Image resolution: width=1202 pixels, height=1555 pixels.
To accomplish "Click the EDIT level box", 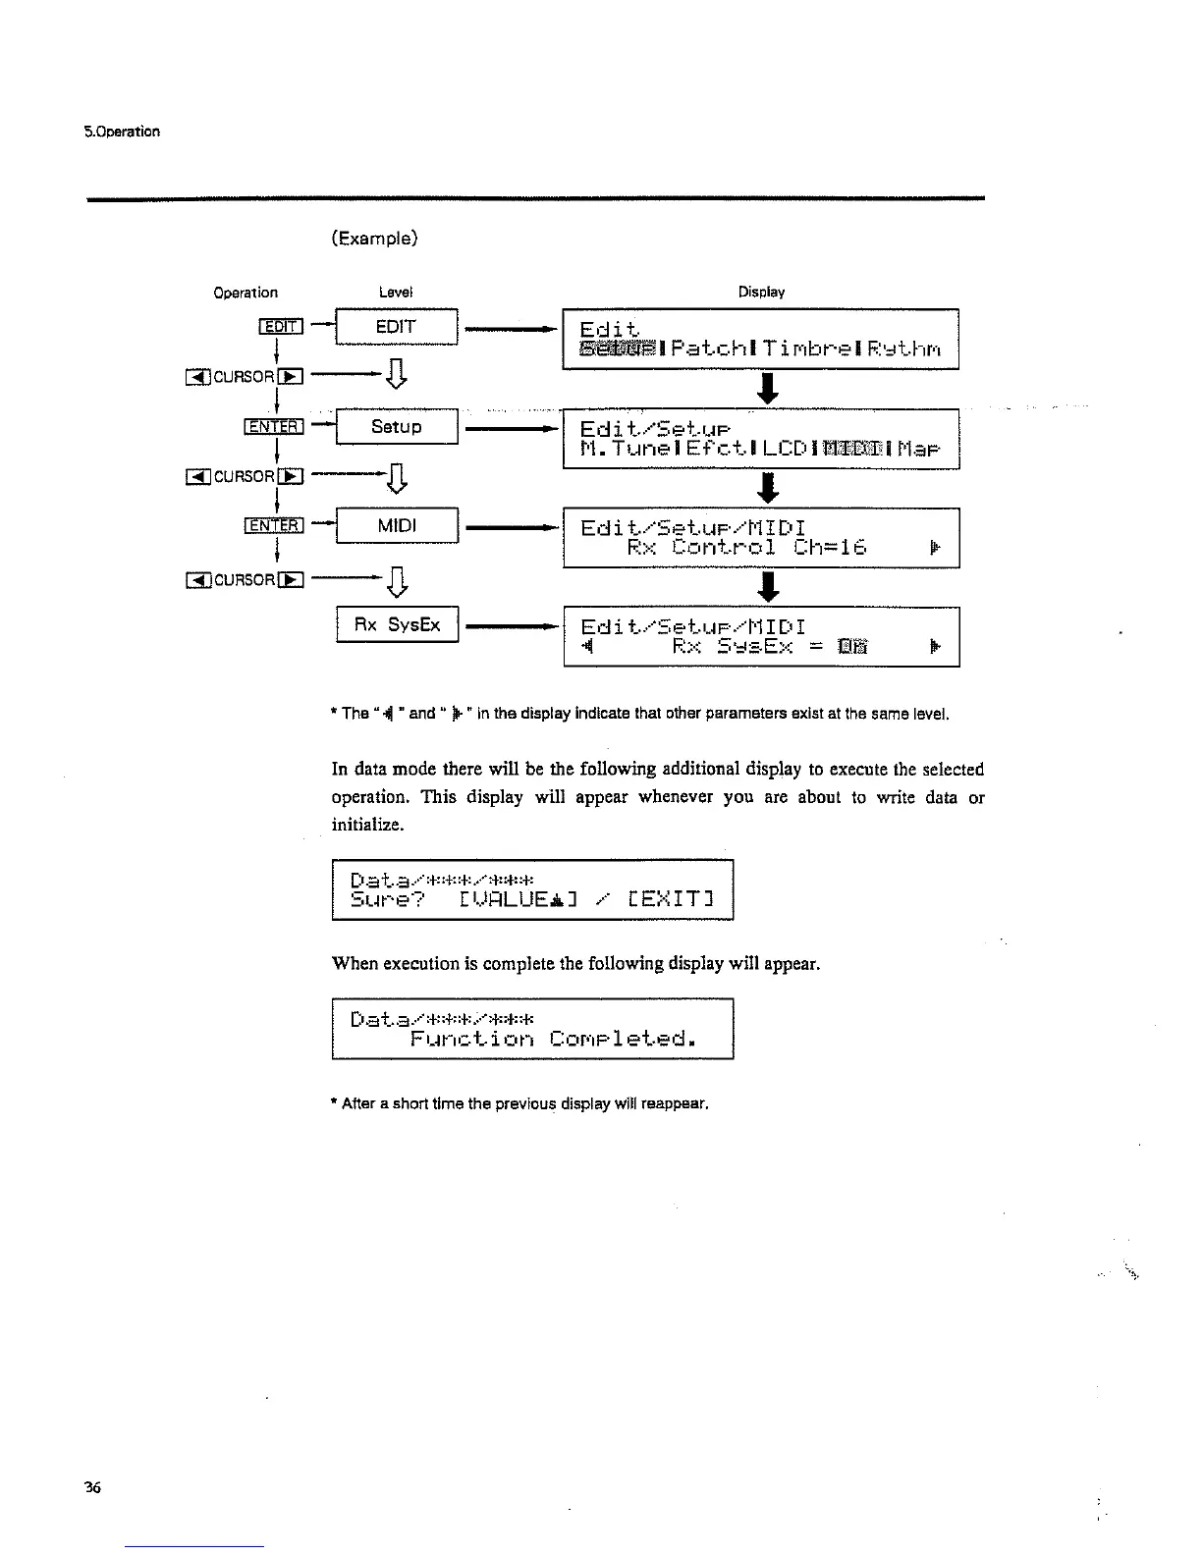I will click(x=396, y=327).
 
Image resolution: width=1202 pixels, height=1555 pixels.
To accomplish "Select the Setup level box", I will click(x=396, y=427).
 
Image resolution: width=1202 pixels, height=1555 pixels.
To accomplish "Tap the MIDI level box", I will click(x=396, y=526).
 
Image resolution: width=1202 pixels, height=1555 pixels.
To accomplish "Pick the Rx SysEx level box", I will click(x=397, y=625).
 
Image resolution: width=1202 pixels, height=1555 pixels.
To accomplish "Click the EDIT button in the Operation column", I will click(x=282, y=327).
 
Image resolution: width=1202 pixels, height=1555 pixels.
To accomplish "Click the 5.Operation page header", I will click(x=122, y=132).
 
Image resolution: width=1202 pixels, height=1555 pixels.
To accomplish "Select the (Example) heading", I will click(x=374, y=238).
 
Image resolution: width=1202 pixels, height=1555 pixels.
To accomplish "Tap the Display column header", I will click(x=761, y=292).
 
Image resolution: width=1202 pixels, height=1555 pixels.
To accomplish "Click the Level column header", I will click(x=396, y=292).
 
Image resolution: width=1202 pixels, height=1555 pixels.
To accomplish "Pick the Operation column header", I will click(x=246, y=292).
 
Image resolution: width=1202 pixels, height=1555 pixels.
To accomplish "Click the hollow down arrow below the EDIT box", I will click(x=397, y=375).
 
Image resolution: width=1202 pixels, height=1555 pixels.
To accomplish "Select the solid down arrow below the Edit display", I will click(x=770, y=387).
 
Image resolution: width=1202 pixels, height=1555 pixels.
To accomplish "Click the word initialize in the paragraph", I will click(x=367, y=825).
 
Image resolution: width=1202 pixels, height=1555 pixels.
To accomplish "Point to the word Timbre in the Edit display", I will click(x=811, y=349).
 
